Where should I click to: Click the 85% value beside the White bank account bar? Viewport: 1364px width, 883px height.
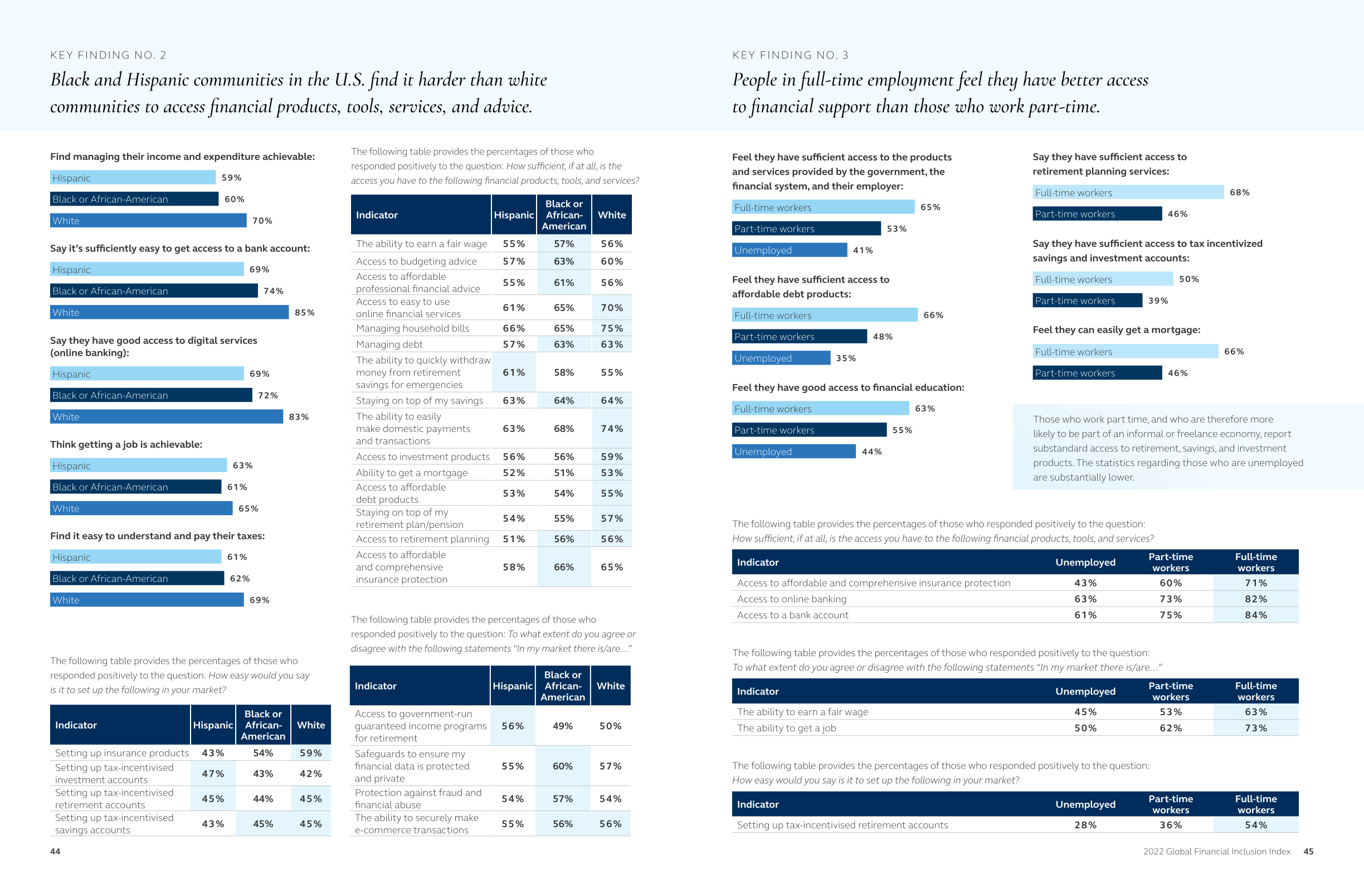[x=304, y=313]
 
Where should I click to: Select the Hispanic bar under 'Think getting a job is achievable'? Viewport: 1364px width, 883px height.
[x=138, y=465]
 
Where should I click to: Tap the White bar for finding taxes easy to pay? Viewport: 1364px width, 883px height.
[x=147, y=600]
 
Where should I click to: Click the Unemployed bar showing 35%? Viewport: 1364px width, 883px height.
[x=781, y=358]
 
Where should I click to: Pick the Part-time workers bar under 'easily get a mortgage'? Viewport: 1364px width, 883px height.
[x=1097, y=373]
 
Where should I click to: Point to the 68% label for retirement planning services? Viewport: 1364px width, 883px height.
[x=1239, y=193]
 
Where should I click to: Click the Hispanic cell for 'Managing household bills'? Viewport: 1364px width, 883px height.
[x=514, y=328]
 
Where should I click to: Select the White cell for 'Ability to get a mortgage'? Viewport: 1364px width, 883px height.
[x=611, y=473]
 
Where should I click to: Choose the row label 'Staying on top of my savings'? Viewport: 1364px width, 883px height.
[x=419, y=401]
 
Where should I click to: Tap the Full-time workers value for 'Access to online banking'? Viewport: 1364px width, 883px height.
[x=1255, y=599]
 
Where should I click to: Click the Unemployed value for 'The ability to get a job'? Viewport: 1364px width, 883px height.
[x=1085, y=728]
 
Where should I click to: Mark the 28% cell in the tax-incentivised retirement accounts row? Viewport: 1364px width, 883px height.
[x=1085, y=825]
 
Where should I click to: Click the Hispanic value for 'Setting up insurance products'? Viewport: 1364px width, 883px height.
[x=213, y=753]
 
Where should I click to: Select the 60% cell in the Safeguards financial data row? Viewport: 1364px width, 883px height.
[x=562, y=766]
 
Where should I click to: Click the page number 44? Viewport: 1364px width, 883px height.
[x=55, y=851]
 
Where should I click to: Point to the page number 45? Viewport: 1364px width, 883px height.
[x=1308, y=851]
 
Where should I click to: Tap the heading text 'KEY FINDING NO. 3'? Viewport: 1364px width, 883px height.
[x=790, y=55]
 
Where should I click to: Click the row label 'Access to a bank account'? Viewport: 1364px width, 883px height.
[x=793, y=615]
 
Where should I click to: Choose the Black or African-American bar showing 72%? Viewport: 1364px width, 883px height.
[x=151, y=396]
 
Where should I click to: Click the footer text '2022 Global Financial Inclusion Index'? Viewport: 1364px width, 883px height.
[x=1216, y=851]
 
